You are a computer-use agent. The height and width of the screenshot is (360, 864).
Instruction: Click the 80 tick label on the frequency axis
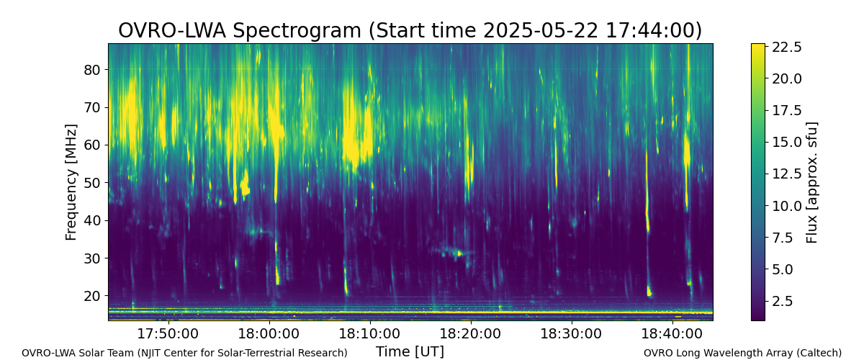(x=91, y=70)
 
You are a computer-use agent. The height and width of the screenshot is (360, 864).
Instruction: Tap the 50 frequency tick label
(x=91, y=183)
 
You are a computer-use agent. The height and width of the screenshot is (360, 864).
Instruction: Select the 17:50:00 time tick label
(x=168, y=333)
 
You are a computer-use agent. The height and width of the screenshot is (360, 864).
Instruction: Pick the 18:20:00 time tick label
(x=471, y=333)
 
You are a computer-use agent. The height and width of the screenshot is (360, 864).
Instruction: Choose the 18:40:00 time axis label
(x=672, y=333)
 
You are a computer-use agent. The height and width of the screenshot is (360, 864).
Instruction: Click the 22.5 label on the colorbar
(x=786, y=47)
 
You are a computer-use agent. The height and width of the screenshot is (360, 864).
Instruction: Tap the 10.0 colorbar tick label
(x=786, y=206)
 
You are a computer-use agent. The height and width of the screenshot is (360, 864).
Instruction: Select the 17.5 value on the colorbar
(x=786, y=110)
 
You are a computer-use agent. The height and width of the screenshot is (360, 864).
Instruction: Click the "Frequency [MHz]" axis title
(x=71, y=182)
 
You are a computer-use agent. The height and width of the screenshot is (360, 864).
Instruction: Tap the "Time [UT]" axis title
(x=410, y=351)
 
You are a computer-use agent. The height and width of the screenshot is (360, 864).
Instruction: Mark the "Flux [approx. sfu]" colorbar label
(x=812, y=182)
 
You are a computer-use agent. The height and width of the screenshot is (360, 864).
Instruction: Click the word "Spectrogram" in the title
(x=297, y=31)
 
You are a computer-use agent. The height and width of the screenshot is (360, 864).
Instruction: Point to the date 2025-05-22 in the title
(x=541, y=30)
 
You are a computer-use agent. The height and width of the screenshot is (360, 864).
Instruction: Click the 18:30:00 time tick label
(x=571, y=333)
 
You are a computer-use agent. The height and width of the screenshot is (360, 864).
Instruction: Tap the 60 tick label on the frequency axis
(x=91, y=145)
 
